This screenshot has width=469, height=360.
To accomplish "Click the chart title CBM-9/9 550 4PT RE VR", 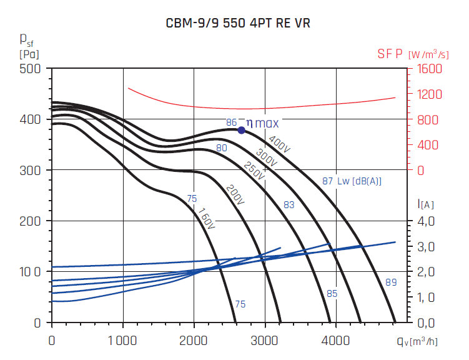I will [238, 24].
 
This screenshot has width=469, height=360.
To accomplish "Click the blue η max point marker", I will [242, 130].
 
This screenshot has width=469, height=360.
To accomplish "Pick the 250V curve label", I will [254, 172].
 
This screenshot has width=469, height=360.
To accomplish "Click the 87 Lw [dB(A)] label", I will [352, 181].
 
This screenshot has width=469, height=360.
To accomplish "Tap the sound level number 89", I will [391, 282].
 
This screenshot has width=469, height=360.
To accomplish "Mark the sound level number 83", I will [289, 204].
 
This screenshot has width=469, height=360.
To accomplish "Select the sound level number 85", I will [332, 293].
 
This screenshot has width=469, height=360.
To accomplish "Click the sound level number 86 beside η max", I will [231, 122].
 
